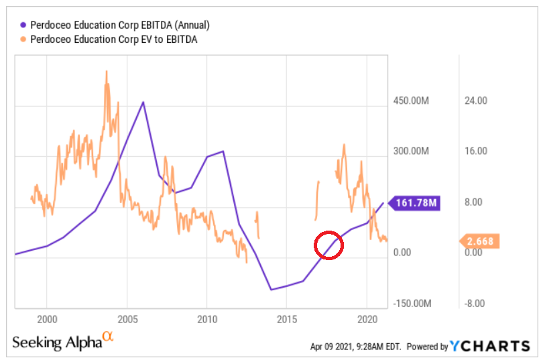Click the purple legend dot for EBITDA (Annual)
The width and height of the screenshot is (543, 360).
click(24, 25)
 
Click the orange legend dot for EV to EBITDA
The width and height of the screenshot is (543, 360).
click(24, 40)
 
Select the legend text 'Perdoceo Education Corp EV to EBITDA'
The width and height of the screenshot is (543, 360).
click(115, 40)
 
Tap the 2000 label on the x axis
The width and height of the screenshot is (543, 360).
click(47, 318)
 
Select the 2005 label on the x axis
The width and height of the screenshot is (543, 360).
click(127, 318)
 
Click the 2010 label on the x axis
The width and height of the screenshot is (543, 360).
click(206, 318)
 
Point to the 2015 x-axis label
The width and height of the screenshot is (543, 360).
click(287, 318)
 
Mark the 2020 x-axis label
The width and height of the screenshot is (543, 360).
click(367, 318)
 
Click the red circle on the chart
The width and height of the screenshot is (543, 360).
click(328, 245)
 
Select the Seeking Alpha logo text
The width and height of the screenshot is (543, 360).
click(57, 342)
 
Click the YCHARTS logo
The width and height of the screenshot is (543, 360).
click(489, 346)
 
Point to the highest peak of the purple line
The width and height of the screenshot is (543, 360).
click(143, 102)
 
